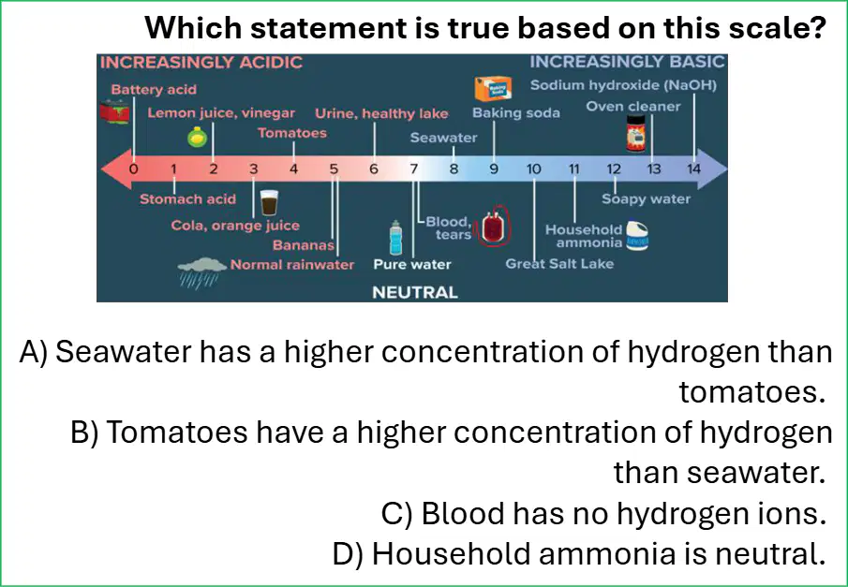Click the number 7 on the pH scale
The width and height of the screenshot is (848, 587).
pos(414,169)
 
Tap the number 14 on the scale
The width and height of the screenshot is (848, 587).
pos(693,169)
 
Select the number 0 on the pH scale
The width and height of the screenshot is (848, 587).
pos(133,169)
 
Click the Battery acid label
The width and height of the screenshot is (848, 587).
pos(154,90)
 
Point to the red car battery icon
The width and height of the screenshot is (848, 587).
pos(114,112)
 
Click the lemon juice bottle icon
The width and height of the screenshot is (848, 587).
pos(198,137)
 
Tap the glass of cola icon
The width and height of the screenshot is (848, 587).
pos(269,203)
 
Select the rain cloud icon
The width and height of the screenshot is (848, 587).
pos(201,272)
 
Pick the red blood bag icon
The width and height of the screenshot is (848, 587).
pos(492,226)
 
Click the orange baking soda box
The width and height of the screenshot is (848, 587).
pos(493,89)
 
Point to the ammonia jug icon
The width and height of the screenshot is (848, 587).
pos(637,236)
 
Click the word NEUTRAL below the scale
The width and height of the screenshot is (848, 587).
pos(415,292)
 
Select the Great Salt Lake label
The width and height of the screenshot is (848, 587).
pos(559,264)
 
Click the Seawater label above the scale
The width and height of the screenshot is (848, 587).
pos(443,138)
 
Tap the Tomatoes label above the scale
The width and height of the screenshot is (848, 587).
pos(292,133)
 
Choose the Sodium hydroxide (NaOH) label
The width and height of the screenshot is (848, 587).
pos(623,85)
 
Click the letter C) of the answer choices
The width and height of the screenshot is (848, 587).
pos(397,513)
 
